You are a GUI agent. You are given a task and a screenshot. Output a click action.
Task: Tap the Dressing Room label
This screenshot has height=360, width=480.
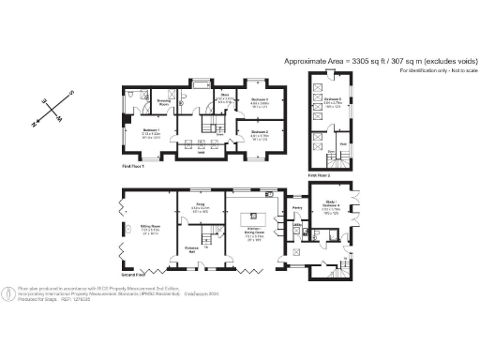coord(162,100)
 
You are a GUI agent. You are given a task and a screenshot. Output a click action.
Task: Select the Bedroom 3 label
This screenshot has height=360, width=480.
coord(260,99)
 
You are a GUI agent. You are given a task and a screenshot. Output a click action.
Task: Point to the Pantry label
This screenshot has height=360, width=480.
coord(296,207)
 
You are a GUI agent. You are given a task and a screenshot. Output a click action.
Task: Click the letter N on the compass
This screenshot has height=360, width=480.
coord(34,122)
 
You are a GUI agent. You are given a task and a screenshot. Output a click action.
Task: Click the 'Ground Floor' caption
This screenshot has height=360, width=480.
coord(134,274)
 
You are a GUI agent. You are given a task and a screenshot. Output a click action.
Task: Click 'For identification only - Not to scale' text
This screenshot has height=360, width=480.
coord(437,71)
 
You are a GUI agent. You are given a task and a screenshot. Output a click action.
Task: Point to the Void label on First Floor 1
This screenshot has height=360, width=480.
coord(201,152)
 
